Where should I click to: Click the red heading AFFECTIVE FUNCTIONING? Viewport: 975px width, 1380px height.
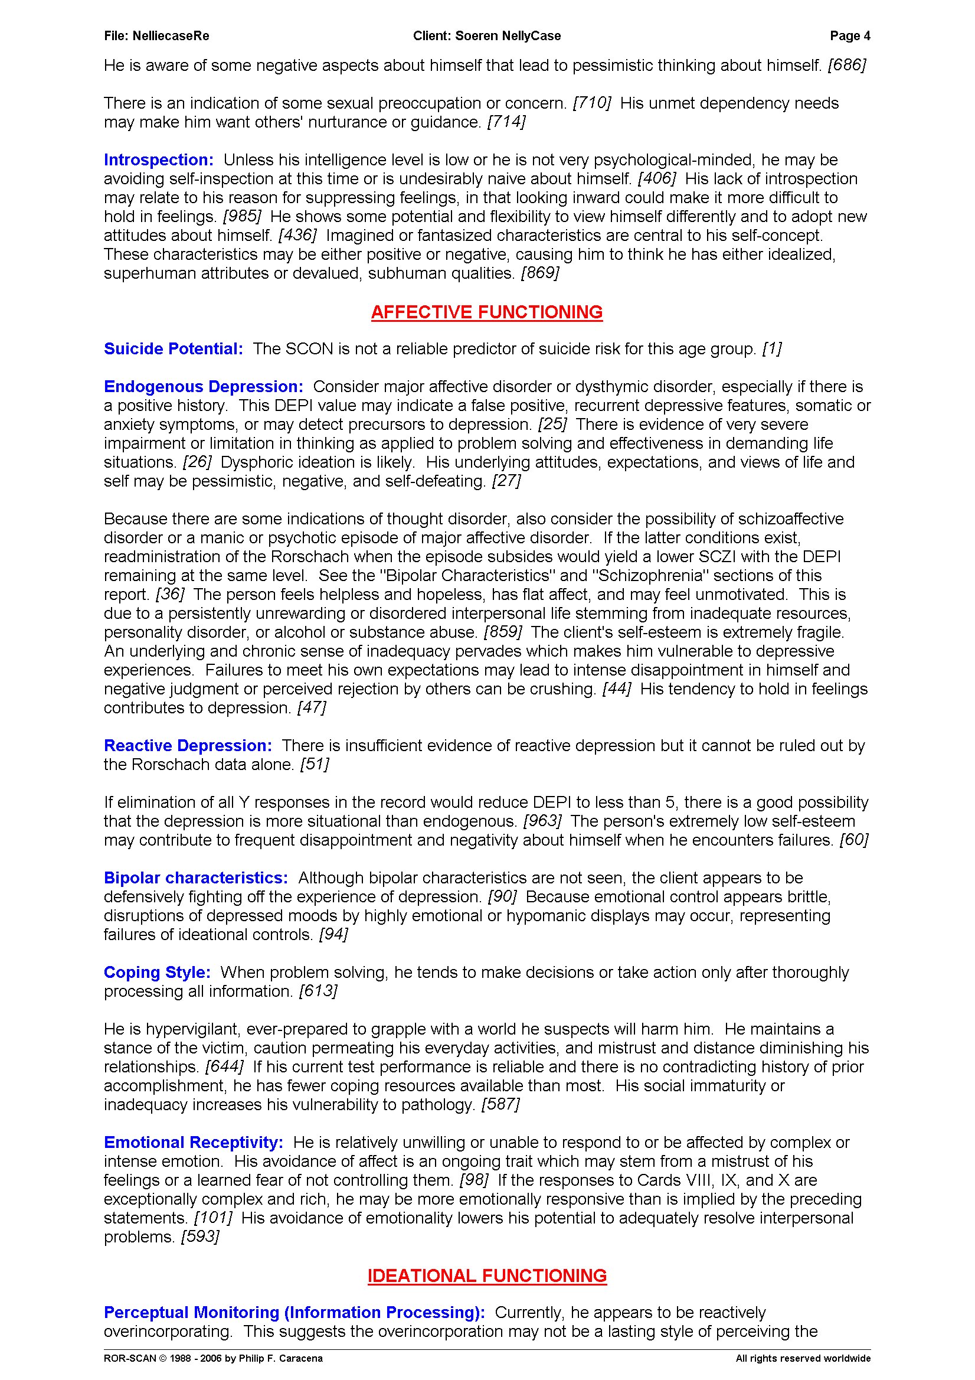(x=486, y=312)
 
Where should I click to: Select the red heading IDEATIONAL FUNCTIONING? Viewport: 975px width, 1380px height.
(x=486, y=1275)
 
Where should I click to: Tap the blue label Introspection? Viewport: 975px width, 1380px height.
(x=159, y=160)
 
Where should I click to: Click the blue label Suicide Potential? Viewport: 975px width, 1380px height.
(x=174, y=348)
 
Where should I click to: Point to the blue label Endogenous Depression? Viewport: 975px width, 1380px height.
(x=204, y=386)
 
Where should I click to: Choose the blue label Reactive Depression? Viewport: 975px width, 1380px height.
(x=188, y=745)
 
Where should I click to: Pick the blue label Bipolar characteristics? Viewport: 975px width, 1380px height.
(x=196, y=877)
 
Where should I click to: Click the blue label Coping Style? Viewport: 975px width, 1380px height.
(x=158, y=972)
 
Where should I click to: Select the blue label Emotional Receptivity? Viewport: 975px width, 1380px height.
(x=194, y=1142)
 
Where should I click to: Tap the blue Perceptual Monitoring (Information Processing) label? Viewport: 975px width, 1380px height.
(x=295, y=1312)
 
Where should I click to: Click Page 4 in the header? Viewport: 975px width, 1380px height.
(x=849, y=36)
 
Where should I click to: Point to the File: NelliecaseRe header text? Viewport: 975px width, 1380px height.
(x=157, y=36)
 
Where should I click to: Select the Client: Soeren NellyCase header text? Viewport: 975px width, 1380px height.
(x=486, y=36)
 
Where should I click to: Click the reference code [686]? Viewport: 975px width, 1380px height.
(x=846, y=66)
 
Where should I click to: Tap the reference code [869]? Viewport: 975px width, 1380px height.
(x=540, y=273)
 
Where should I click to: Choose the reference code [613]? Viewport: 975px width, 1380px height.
(x=318, y=991)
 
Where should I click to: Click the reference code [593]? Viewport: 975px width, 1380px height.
(x=200, y=1237)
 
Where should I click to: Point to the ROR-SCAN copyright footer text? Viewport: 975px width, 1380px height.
(x=213, y=1358)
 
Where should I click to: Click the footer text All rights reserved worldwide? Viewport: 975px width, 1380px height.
(x=803, y=1358)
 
